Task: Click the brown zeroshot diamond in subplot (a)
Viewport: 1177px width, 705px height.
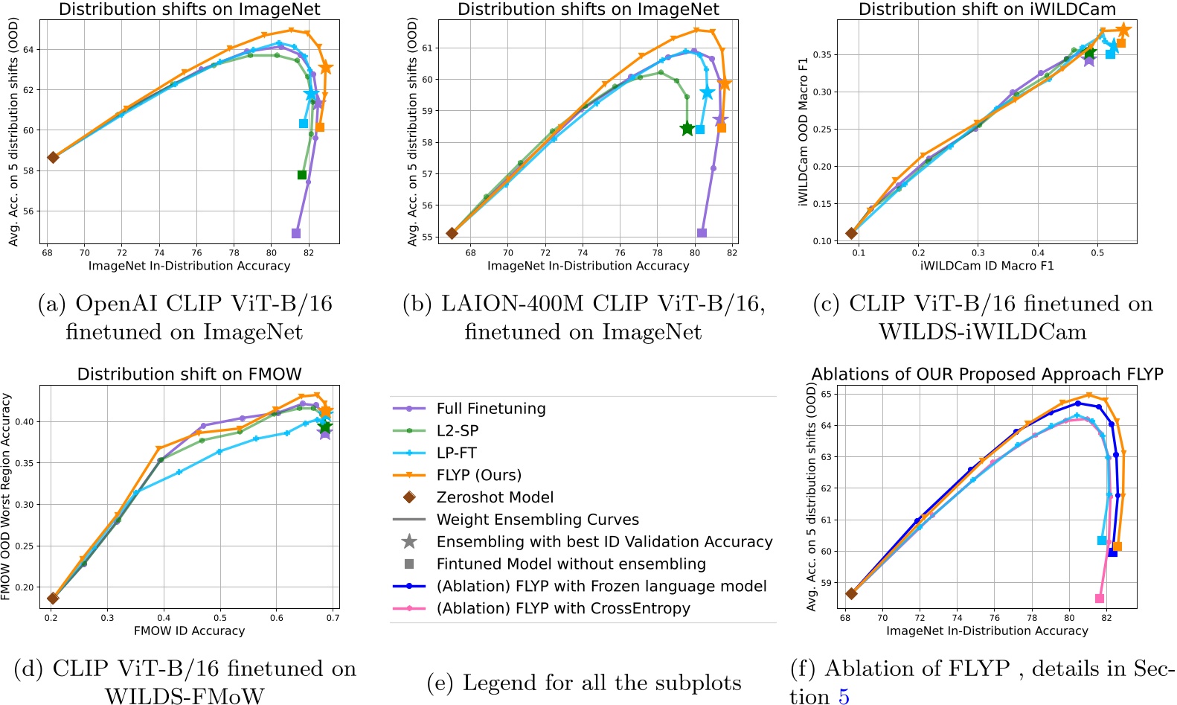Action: [x=53, y=157]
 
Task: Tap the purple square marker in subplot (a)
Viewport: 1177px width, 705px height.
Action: [x=296, y=233]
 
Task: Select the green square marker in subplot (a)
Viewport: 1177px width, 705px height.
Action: [x=302, y=175]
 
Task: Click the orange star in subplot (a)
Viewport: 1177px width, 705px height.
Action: [x=325, y=68]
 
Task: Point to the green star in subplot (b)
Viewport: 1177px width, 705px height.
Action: [x=687, y=129]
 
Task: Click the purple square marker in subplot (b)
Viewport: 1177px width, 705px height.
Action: [x=702, y=233]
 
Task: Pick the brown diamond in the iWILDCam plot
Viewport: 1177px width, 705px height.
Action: [x=852, y=233]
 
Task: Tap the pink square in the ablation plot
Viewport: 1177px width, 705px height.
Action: [x=1100, y=599]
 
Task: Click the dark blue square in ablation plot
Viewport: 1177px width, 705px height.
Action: [x=1113, y=552]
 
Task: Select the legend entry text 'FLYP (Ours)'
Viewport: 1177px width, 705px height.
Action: [x=478, y=475]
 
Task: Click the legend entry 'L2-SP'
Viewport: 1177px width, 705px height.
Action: [x=457, y=430]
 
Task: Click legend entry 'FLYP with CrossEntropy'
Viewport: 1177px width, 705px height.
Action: [x=563, y=608]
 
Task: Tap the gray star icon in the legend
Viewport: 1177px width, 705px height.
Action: [x=409, y=542]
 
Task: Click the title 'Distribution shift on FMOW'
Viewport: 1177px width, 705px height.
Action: [x=189, y=374]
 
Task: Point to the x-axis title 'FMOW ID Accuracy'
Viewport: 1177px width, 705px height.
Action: [x=189, y=631]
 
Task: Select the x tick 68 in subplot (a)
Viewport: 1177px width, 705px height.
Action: [x=47, y=252]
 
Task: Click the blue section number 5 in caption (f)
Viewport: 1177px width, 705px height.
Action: [x=843, y=696]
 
